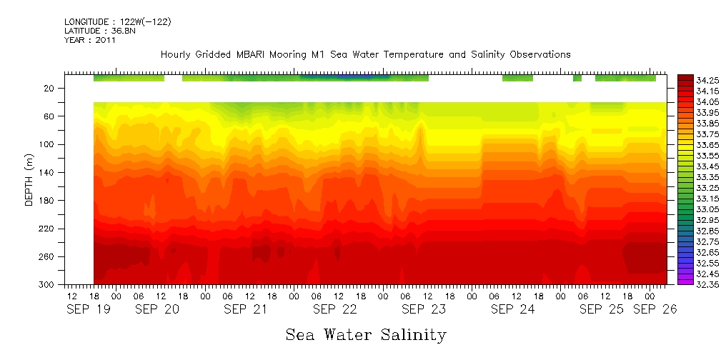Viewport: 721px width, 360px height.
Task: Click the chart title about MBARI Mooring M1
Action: tap(365, 54)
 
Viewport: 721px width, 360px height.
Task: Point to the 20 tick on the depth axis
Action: tap(50, 88)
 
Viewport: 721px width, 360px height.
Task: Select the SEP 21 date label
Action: tap(245, 309)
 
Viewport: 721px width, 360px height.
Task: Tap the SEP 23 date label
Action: tap(423, 309)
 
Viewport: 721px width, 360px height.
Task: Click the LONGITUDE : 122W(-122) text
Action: tap(117, 22)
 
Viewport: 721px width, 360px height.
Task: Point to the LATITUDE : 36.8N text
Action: tap(98, 31)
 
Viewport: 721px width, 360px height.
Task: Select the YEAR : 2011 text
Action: tap(89, 40)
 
